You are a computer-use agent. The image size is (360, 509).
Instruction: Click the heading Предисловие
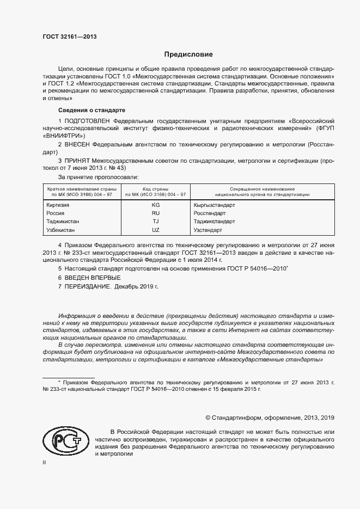coord(189,54)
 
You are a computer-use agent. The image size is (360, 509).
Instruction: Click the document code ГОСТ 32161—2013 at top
coord(70,36)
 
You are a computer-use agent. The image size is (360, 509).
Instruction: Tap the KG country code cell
coord(156,205)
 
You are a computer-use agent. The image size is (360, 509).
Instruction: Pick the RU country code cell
coord(156,213)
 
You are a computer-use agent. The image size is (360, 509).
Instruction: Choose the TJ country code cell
coord(156,222)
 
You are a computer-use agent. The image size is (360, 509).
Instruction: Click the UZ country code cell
coord(156,230)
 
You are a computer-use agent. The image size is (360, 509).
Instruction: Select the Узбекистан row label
coord(62,230)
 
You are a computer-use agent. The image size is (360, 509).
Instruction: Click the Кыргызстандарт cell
coord(214,205)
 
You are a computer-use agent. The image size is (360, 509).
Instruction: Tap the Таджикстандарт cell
coord(214,222)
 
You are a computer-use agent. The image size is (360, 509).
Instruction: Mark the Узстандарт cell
coord(208,230)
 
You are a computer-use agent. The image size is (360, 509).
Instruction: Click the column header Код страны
coord(156,188)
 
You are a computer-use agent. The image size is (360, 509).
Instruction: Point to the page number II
coord(44,462)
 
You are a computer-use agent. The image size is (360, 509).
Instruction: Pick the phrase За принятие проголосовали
coord(98,177)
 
